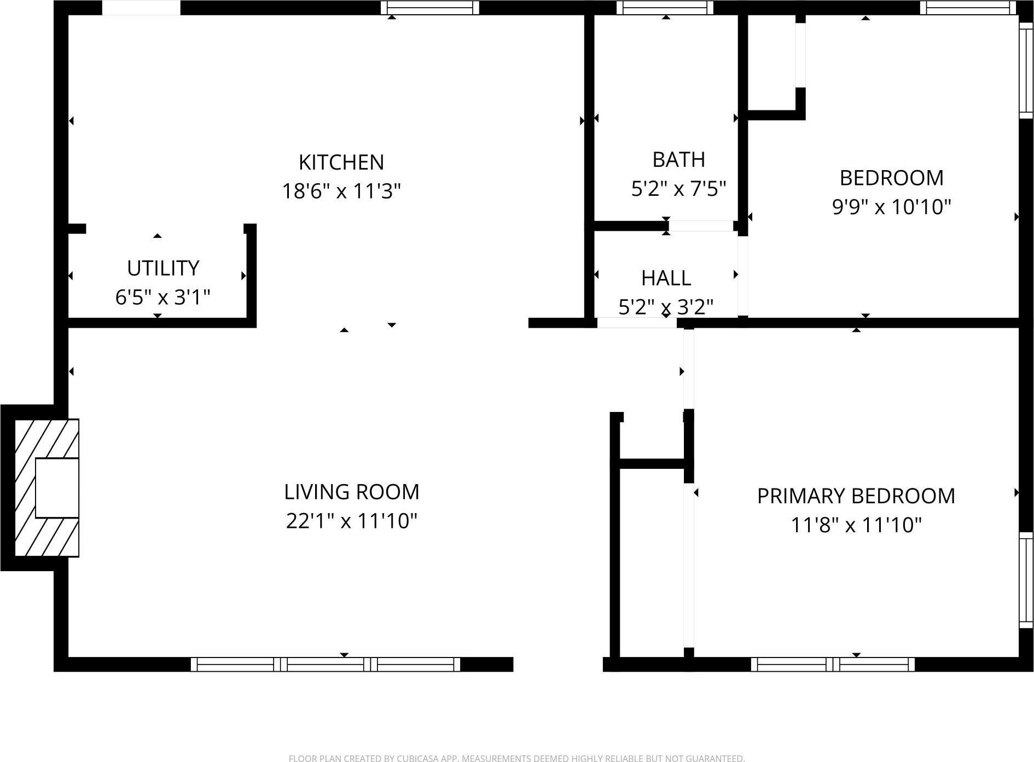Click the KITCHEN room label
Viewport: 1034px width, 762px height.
pos(341,162)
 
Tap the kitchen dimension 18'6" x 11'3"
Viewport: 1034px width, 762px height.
pos(341,191)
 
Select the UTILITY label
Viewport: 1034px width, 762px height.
pos(162,268)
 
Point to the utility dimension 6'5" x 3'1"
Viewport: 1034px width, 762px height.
pos(162,298)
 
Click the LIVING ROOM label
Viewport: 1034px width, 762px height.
pos(351,492)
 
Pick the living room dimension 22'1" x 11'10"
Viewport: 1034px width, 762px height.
pos(351,521)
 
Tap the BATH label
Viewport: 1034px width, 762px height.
pos(678,160)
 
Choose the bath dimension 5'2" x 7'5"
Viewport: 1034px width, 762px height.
pos(678,189)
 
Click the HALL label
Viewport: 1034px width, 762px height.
pos(666,278)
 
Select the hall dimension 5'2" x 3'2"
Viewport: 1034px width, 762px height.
pos(666,307)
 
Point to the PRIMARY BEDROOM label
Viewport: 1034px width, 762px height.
pos(856,496)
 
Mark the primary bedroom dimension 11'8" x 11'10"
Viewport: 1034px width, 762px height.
pos(856,525)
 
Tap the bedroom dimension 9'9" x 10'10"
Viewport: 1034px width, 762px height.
pos(891,207)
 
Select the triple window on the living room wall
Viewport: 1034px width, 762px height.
pos(326,664)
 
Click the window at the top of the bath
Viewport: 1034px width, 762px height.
pos(665,8)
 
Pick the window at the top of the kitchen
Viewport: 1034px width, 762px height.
pos(430,8)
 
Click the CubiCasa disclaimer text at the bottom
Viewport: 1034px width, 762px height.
pos(516,758)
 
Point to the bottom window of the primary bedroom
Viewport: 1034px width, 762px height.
pos(832,664)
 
